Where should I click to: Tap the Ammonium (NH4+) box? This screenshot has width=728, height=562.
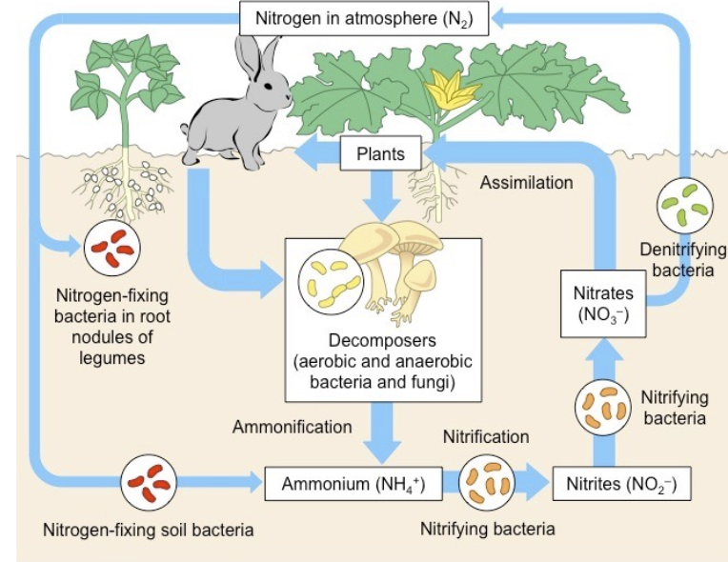coord(353,484)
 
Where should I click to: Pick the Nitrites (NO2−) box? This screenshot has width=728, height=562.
coord(620,484)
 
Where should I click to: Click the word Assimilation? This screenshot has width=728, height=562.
coord(526,182)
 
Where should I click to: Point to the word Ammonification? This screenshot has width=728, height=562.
coord(292,427)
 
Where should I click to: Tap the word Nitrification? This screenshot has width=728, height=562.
coord(486,436)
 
